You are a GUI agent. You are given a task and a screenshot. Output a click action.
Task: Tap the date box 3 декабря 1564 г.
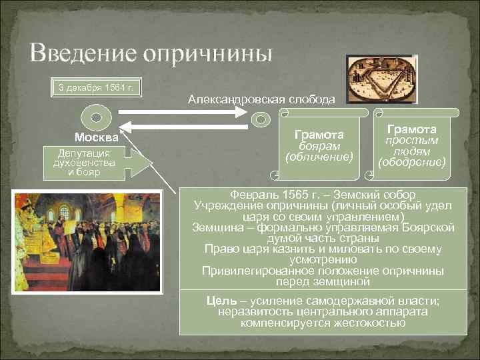tap(97, 88)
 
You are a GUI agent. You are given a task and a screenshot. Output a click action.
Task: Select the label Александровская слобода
tap(261, 99)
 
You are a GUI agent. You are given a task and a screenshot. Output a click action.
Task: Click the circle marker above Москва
tap(96, 117)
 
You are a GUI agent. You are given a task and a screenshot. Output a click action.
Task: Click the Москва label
tap(97, 138)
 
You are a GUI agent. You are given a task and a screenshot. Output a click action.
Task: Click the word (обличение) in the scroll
tap(319, 157)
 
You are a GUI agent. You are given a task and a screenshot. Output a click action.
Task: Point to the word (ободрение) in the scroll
tap(411, 162)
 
